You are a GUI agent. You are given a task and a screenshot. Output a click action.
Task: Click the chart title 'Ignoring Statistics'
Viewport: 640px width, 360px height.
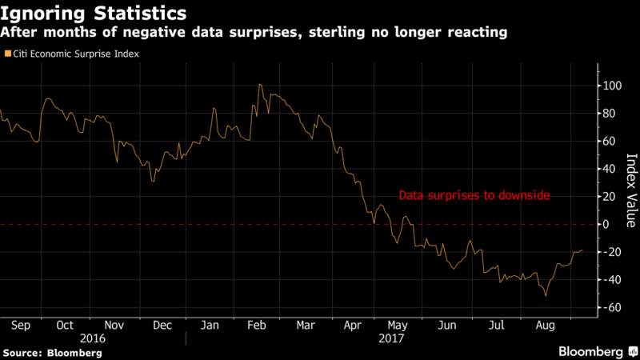(x=93, y=13)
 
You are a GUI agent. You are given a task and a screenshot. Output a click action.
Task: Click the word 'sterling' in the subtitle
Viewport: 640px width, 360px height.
(x=337, y=32)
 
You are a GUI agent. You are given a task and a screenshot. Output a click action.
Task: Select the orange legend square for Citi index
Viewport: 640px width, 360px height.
(x=8, y=54)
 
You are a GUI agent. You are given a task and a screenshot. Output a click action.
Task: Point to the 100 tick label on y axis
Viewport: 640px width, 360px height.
(x=612, y=86)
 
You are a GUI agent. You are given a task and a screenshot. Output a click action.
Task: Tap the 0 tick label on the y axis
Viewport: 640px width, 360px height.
(x=606, y=224)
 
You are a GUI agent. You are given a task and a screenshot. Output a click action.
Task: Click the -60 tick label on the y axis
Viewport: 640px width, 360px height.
(x=611, y=307)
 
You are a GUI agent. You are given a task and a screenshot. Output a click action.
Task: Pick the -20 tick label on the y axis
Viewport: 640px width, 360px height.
(x=611, y=252)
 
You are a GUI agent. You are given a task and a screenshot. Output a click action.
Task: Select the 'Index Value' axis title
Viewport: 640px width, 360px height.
(x=631, y=190)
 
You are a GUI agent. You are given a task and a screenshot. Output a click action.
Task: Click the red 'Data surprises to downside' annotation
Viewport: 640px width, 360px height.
(x=474, y=195)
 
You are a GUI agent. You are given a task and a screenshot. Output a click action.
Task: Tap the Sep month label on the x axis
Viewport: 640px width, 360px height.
(x=21, y=326)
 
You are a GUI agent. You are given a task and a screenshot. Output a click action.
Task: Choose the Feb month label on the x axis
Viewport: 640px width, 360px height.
(x=256, y=326)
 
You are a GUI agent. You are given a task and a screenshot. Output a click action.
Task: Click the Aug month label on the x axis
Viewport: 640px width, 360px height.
(x=546, y=326)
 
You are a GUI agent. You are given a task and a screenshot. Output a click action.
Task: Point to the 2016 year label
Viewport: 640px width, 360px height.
(x=93, y=338)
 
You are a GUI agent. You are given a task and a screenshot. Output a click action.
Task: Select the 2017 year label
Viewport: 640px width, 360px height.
(x=391, y=338)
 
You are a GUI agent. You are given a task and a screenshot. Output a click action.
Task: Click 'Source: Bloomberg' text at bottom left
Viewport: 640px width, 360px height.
(x=53, y=353)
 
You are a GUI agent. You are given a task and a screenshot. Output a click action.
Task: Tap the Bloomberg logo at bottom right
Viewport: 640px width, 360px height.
(x=598, y=351)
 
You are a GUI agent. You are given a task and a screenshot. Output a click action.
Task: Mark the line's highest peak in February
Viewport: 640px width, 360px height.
(x=260, y=85)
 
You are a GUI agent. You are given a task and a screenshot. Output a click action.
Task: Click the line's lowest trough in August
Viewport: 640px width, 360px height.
(x=546, y=295)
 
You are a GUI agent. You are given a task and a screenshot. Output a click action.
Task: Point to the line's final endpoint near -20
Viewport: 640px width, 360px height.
(x=582, y=250)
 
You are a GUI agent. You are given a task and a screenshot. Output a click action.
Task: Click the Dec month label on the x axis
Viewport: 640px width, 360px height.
(x=162, y=326)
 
